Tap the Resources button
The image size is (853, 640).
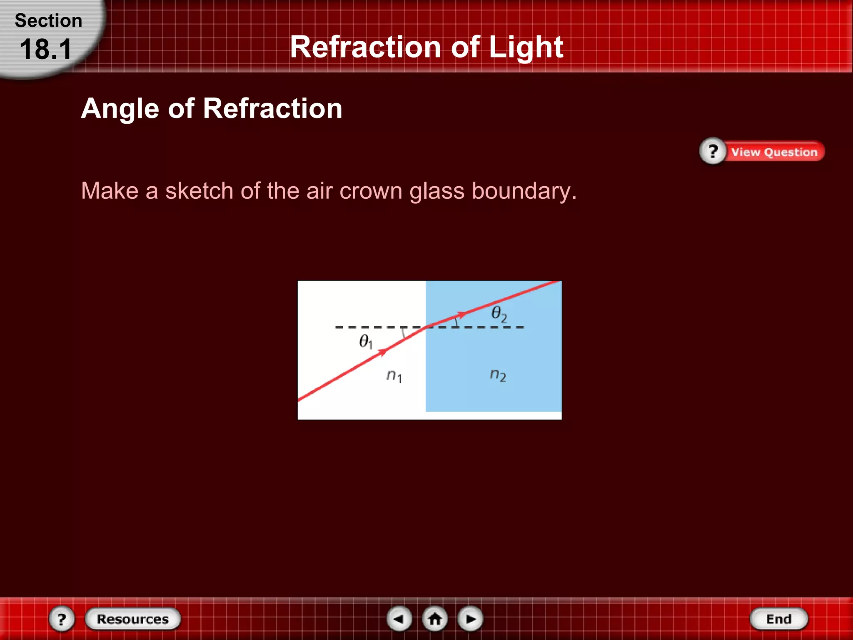coord(133,619)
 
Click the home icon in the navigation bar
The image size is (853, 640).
coord(435,619)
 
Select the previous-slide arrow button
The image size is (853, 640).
coord(399,619)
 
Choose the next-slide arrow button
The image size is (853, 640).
coord(471,619)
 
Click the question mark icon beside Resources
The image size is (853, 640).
coord(62,619)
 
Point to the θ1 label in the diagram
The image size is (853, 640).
coord(365,342)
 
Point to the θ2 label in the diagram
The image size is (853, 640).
coord(499,314)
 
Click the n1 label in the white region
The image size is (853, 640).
coord(394,376)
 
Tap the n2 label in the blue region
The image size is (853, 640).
coord(498,375)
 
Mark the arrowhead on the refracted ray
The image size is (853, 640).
coord(461,314)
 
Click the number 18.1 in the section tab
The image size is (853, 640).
coord(46,49)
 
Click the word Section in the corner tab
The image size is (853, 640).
coord(48,21)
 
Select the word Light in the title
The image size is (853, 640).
coord(526,47)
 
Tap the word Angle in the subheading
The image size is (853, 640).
coord(120,108)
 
